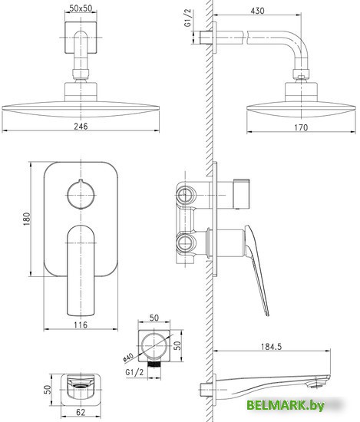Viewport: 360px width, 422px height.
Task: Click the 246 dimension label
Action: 81,127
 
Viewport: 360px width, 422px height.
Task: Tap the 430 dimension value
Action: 257,11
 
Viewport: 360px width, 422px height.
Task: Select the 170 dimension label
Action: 301,127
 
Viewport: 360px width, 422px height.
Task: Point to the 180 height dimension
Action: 27,219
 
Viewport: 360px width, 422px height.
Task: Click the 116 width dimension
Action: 81,325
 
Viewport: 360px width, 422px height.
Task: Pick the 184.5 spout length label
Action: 271,346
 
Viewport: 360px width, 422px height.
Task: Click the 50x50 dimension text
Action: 81,8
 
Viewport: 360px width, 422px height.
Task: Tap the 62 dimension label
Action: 81,412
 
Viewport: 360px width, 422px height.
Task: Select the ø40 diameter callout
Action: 127,358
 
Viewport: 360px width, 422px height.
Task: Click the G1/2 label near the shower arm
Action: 187,18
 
